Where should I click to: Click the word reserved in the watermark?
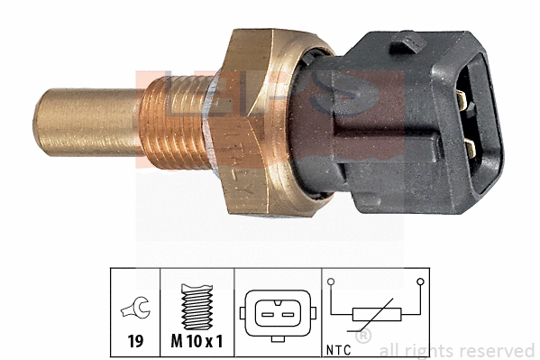coord(501,350)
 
